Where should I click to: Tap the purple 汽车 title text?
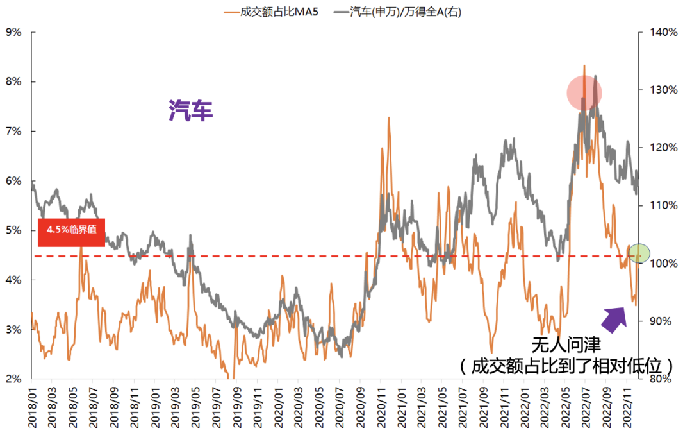190,111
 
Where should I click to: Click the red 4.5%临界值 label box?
71,232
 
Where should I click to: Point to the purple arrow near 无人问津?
615,318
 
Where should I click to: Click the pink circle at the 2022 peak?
584,93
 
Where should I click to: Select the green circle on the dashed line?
639,253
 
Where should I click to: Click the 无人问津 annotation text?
566,345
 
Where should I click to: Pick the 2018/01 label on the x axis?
32,404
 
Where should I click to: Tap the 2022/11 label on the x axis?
628,404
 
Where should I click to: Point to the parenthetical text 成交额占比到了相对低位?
566,366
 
